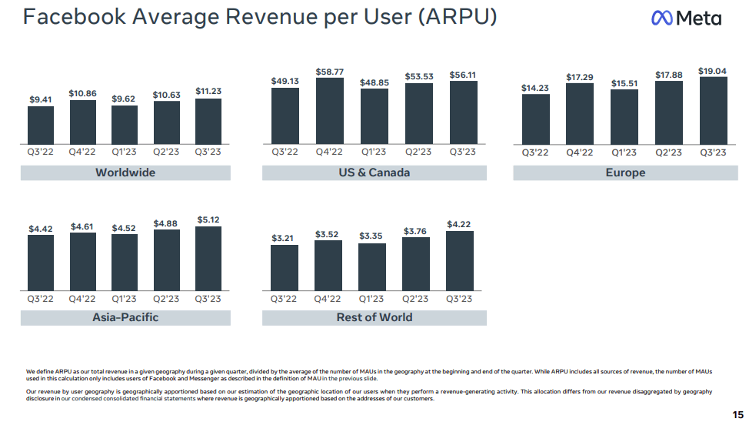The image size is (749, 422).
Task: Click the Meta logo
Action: [685, 18]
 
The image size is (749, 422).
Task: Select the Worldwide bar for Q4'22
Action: [83, 122]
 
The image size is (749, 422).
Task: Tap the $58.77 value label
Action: [330, 72]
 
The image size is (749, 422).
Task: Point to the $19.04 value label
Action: [713, 71]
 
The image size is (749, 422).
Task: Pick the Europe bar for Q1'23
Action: [624, 116]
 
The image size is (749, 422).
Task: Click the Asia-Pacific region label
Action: [125, 316]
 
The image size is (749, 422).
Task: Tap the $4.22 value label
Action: [460, 225]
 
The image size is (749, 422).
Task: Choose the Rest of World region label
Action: [374, 316]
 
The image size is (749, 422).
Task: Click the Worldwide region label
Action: [125, 172]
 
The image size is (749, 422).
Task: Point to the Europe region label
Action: [625, 172]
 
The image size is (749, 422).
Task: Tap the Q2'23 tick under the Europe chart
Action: [669, 152]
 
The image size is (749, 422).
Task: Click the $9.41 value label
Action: [42, 99]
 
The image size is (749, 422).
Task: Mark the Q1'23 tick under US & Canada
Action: [374, 152]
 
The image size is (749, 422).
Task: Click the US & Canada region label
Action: [374, 172]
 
